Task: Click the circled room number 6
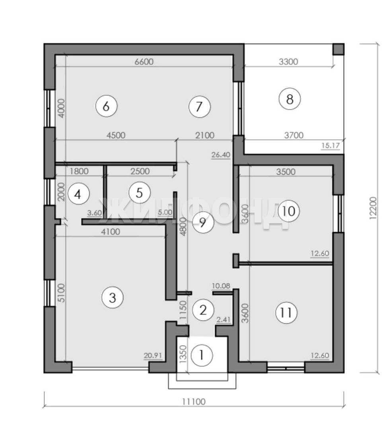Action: (x=106, y=106)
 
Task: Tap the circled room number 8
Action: (x=290, y=99)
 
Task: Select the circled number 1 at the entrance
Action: (x=202, y=356)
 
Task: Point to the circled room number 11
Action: (x=286, y=313)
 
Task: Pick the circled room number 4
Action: (x=78, y=195)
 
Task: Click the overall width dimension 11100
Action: (x=194, y=402)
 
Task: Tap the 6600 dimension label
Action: (x=144, y=62)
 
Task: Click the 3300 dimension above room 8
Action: (x=288, y=62)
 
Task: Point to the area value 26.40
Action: (x=221, y=155)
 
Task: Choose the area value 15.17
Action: (x=330, y=145)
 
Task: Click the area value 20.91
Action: (x=153, y=356)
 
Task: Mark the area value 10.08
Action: (x=221, y=286)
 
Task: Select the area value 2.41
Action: (x=223, y=319)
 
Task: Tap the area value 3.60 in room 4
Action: (x=95, y=213)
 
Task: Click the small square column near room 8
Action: (x=338, y=49)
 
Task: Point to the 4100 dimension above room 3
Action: (x=111, y=232)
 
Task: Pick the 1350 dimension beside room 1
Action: (x=183, y=354)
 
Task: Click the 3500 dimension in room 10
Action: (x=286, y=172)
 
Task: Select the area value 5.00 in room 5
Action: (x=165, y=212)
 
